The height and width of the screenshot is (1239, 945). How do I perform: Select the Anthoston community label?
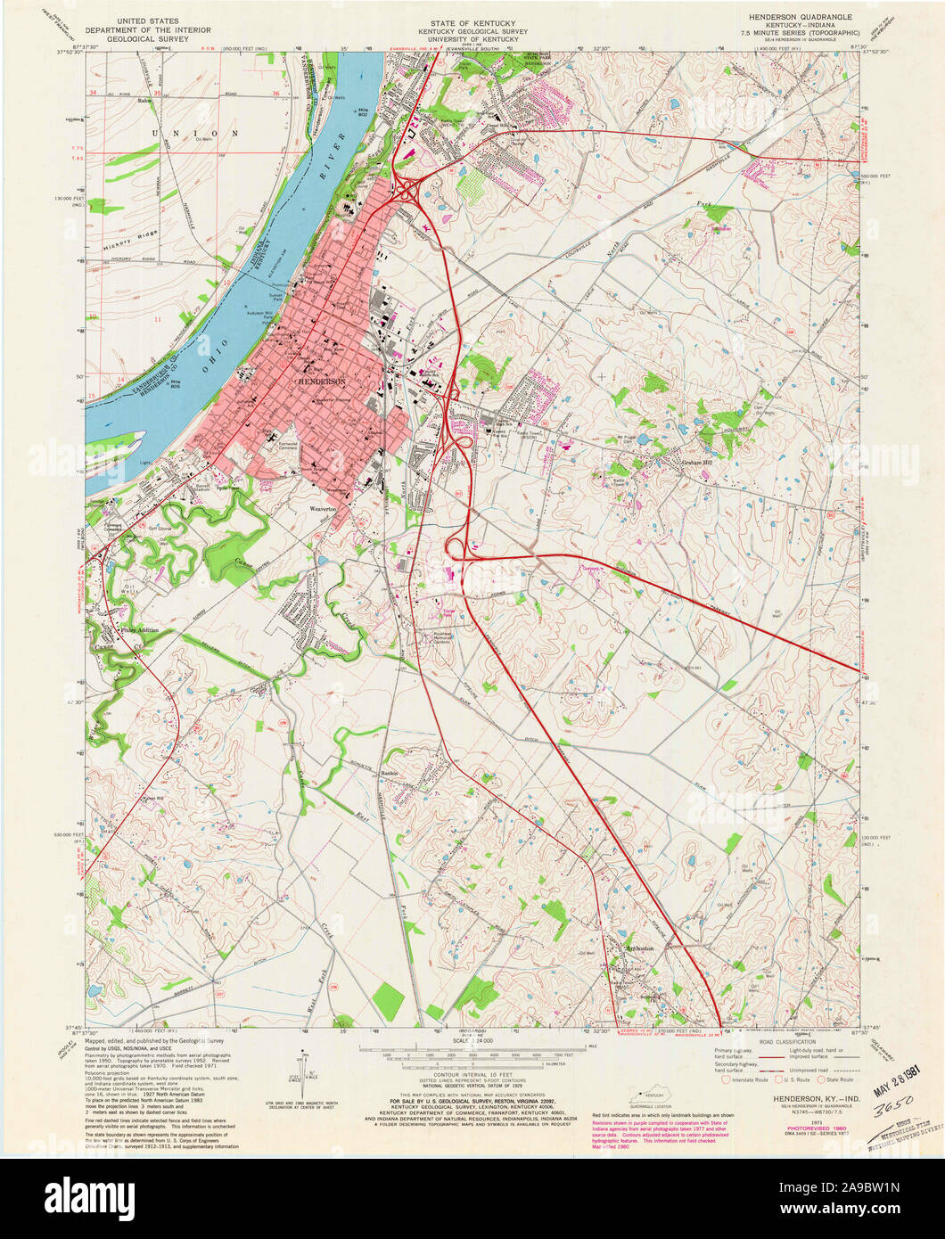[x=639, y=948]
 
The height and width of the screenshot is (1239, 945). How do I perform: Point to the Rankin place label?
[x=388, y=772]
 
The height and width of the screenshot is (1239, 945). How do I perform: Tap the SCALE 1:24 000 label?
[x=472, y=1040]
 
